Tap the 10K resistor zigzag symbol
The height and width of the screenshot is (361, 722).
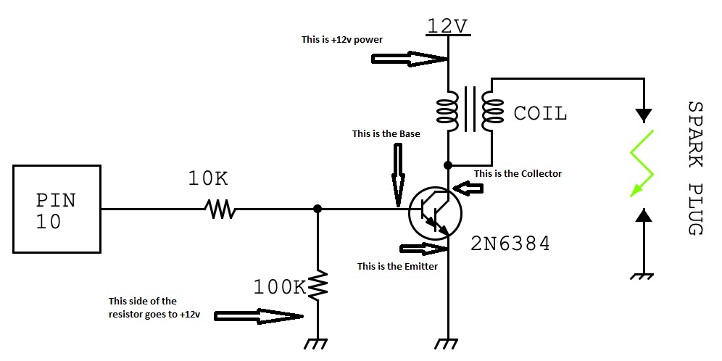(220, 209)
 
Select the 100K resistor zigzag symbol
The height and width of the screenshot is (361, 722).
(318, 286)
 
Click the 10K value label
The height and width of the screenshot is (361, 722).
(208, 179)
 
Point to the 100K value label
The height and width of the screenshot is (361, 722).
(280, 287)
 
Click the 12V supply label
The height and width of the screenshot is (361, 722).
(447, 27)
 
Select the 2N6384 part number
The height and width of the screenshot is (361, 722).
(510, 244)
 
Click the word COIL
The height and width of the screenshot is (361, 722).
(540, 113)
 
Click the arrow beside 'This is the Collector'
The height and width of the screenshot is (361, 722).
(468, 188)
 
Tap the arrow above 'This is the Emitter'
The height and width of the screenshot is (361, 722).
(424, 249)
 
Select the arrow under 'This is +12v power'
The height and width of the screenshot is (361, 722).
(410, 59)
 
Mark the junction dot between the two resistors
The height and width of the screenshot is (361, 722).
(318, 209)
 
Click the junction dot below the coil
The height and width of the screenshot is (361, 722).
(447, 165)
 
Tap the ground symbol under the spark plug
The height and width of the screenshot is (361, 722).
(643, 276)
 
